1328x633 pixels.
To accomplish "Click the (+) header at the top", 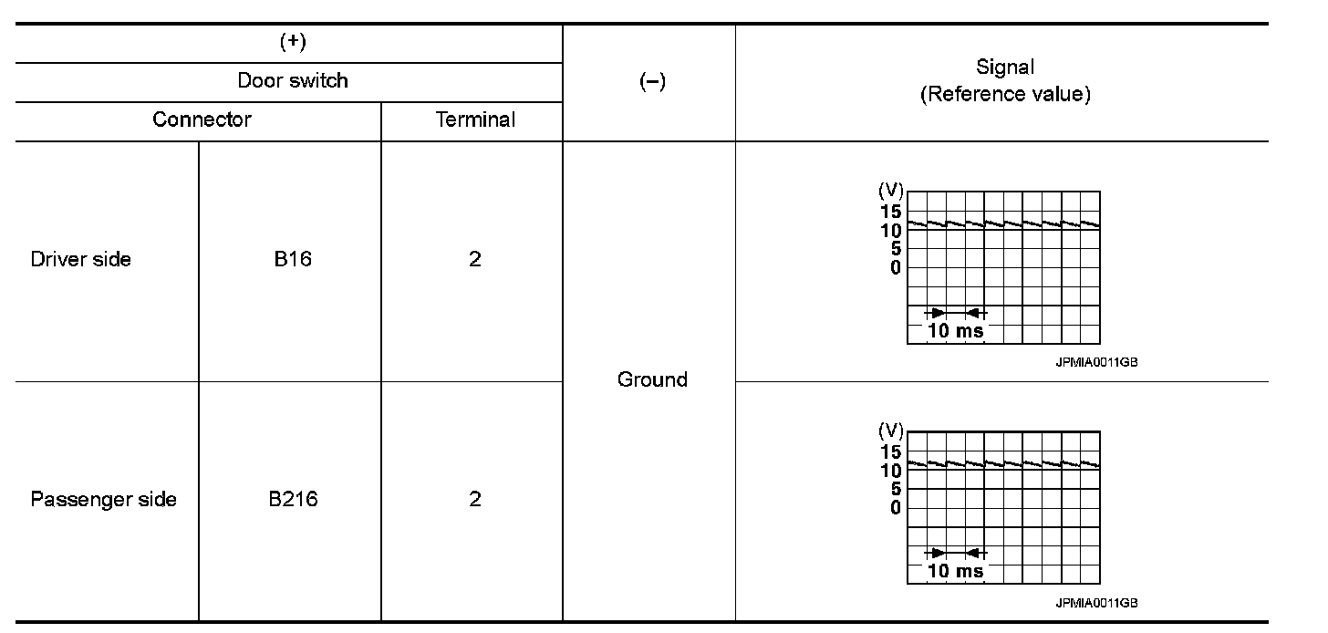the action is pyautogui.click(x=292, y=43).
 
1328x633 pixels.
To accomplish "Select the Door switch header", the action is pyautogui.click(x=292, y=80).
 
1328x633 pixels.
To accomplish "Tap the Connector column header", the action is pyautogui.click(x=202, y=119).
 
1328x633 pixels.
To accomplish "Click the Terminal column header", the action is pyautogui.click(x=475, y=119).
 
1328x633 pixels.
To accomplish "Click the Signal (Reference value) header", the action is pyautogui.click(x=1004, y=80).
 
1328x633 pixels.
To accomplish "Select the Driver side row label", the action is pyautogui.click(x=80, y=259).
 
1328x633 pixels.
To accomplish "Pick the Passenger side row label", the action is pyautogui.click(x=103, y=500).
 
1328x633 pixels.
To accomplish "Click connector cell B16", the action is pyautogui.click(x=292, y=259).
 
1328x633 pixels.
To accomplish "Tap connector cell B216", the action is pyautogui.click(x=292, y=500).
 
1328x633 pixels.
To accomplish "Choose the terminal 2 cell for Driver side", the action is pyautogui.click(x=474, y=259).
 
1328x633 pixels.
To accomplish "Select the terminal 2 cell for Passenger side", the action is pyautogui.click(x=474, y=500).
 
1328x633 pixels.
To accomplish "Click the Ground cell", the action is pyautogui.click(x=651, y=379).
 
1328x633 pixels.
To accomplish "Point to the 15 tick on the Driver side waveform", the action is pyautogui.click(x=890, y=212).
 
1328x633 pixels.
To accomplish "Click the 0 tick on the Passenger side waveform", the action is pyautogui.click(x=896, y=508).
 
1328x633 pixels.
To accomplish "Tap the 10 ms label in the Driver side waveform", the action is pyautogui.click(x=955, y=331).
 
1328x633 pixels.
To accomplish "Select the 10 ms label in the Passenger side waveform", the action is pyautogui.click(x=955, y=571).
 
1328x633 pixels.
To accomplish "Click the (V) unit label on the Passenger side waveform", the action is pyautogui.click(x=890, y=431).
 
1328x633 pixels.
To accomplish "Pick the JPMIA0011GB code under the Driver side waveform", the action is pyautogui.click(x=1096, y=362).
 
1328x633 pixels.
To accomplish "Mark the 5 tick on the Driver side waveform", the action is pyautogui.click(x=896, y=248).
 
